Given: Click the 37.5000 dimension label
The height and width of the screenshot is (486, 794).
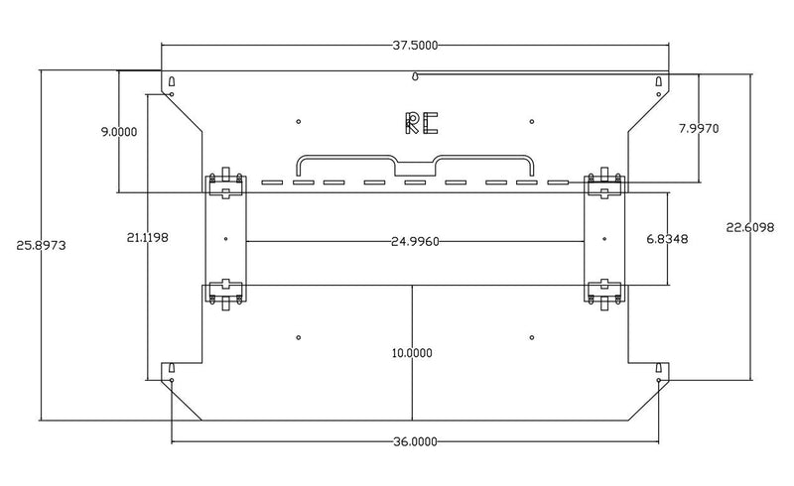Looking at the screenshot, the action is pyautogui.click(x=415, y=46).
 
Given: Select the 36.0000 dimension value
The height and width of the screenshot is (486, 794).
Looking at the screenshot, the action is pyautogui.click(x=415, y=442).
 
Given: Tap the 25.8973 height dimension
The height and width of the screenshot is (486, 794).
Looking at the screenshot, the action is pyautogui.click(x=41, y=246).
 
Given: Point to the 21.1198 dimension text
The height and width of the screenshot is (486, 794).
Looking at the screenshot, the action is pyautogui.click(x=147, y=237).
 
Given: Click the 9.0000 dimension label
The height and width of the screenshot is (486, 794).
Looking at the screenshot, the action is pyautogui.click(x=119, y=132).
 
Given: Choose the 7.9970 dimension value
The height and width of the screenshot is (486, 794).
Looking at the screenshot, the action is pyautogui.click(x=699, y=129).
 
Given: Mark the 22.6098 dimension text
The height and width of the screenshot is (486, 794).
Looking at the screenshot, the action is pyautogui.click(x=750, y=228).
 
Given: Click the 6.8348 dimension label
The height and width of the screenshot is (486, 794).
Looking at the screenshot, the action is pyautogui.click(x=667, y=239).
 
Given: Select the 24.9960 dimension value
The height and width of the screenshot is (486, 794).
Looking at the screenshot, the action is pyautogui.click(x=415, y=242).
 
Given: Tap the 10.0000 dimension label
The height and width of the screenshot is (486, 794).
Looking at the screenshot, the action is pyautogui.click(x=412, y=353).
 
